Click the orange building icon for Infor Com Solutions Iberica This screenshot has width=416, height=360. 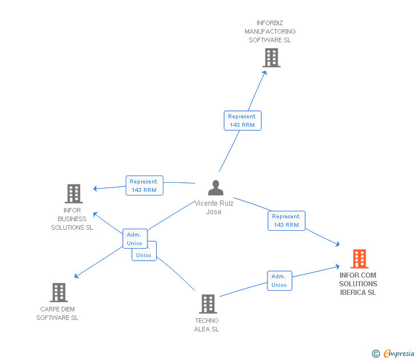(359, 259)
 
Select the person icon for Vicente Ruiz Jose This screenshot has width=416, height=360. (215, 188)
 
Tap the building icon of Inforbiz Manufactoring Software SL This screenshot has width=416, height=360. (271, 58)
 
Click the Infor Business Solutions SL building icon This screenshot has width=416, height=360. (74, 194)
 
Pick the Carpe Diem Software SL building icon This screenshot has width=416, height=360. (58, 293)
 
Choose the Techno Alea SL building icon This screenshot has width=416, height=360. (207, 304)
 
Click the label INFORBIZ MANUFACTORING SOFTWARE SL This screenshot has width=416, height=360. (270, 31)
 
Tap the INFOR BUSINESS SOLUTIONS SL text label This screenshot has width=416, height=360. (72, 219)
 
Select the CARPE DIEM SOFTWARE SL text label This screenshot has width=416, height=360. (57, 314)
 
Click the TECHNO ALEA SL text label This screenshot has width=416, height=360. (206, 325)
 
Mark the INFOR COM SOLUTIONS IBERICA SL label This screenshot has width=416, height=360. (358, 284)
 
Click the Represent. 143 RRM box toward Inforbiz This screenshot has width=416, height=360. (242, 121)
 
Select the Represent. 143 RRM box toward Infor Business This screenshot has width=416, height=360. (144, 186)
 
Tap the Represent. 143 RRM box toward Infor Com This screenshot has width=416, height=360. (286, 221)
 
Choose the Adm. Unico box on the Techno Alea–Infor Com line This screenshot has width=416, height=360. (279, 281)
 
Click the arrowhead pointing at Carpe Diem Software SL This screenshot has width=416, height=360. (77, 276)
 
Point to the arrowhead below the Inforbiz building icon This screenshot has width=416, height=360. (265, 74)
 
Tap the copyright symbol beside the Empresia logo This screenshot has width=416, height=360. (375, 354)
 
